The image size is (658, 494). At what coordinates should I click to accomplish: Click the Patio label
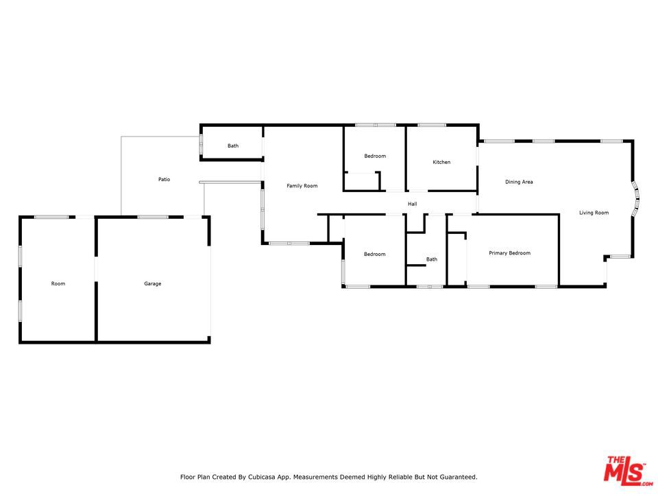pos(164,179)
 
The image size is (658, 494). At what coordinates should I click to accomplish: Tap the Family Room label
pos(302,186)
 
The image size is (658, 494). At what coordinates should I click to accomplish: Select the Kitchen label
pos(441,163)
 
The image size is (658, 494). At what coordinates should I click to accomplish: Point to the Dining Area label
pos(519,182)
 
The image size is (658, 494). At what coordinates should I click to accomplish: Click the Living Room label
pos(594,213)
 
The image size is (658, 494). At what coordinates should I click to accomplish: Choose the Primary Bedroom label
pos(509,253)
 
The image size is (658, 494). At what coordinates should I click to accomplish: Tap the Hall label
pos(412,204)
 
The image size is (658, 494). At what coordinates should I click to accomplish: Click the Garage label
pos(152,283)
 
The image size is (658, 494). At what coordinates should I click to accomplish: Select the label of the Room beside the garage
pos(58,283)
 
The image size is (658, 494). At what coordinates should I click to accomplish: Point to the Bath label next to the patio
pos(233,145)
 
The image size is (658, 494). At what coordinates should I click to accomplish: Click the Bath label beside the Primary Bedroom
pos(431,259)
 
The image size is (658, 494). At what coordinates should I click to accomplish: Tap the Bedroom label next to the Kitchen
pos(374,156)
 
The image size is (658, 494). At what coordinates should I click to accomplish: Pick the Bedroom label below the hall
pos(374,255)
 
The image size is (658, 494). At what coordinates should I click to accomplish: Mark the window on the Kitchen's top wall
pos(432,125)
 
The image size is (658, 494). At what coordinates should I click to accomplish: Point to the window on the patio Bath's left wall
pos(201,143)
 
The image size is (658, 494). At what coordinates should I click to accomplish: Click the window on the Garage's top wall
pos(152,217)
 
